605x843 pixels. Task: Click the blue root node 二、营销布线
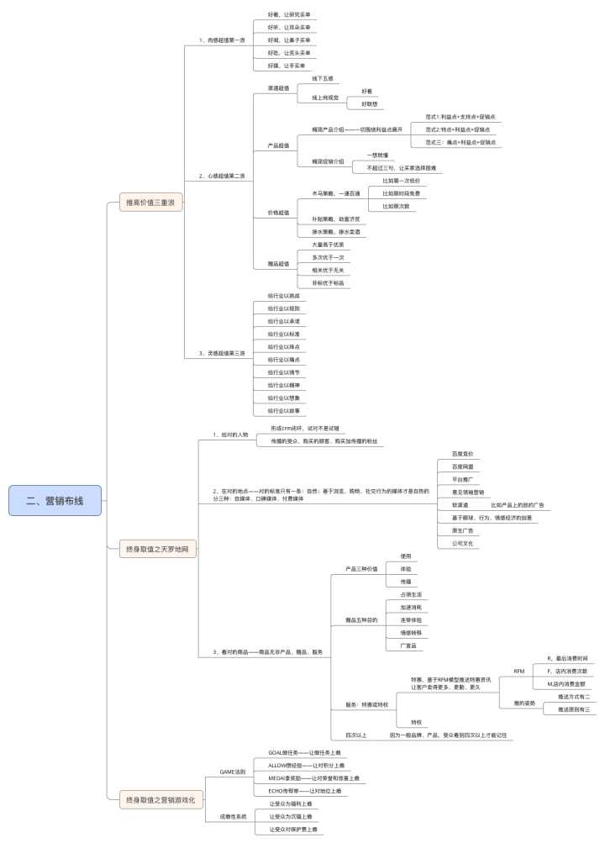pyautogui.click(x=55, y=500)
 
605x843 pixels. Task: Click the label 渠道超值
pyautogui.click(x=278, y=87)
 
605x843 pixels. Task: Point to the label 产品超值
pyautogui.click(x=278, y=145)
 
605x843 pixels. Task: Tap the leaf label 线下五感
pyautogui.click(x=323, y=78)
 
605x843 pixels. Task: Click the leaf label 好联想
pyautogui.click(x=370, y=103)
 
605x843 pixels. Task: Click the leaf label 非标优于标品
pyautogui.click(x=327, y=282)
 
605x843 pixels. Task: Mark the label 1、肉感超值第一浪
pyautogui.click(x=222, y=40)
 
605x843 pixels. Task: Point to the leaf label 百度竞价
pyautogui.click(x=463, y=452)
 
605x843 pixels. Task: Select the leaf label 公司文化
pyautogui.click(x=463, y=543)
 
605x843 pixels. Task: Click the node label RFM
pyautogui.click(x=518, y=672)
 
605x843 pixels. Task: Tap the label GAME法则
pyautogui.click(x=232, y=771)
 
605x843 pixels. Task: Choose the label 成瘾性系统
pyautogui.click(x=233, y=816)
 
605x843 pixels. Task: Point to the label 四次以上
pyautogui.click(x=356, y=734)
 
